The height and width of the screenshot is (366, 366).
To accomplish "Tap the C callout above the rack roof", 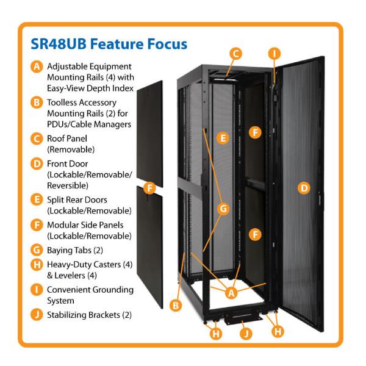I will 235,54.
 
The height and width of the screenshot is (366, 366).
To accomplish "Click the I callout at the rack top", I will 275,54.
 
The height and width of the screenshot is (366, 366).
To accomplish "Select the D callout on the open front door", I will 303,188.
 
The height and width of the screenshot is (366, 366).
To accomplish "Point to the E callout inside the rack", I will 224,138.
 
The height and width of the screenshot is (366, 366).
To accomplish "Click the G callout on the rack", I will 223,209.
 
